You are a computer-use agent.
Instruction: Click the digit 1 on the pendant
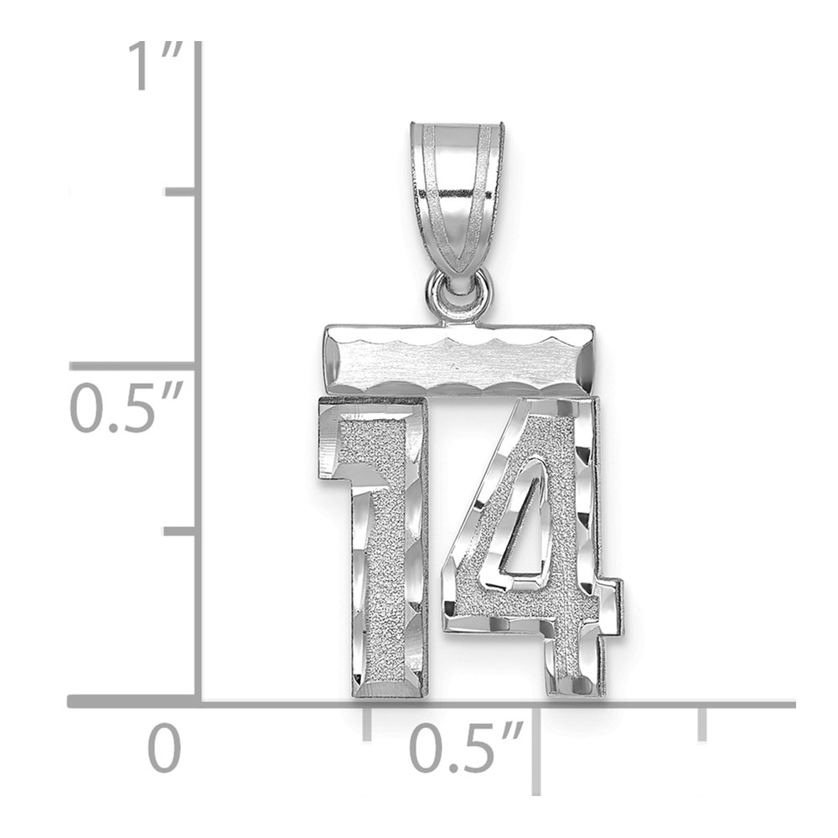(x=375, y=546)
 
